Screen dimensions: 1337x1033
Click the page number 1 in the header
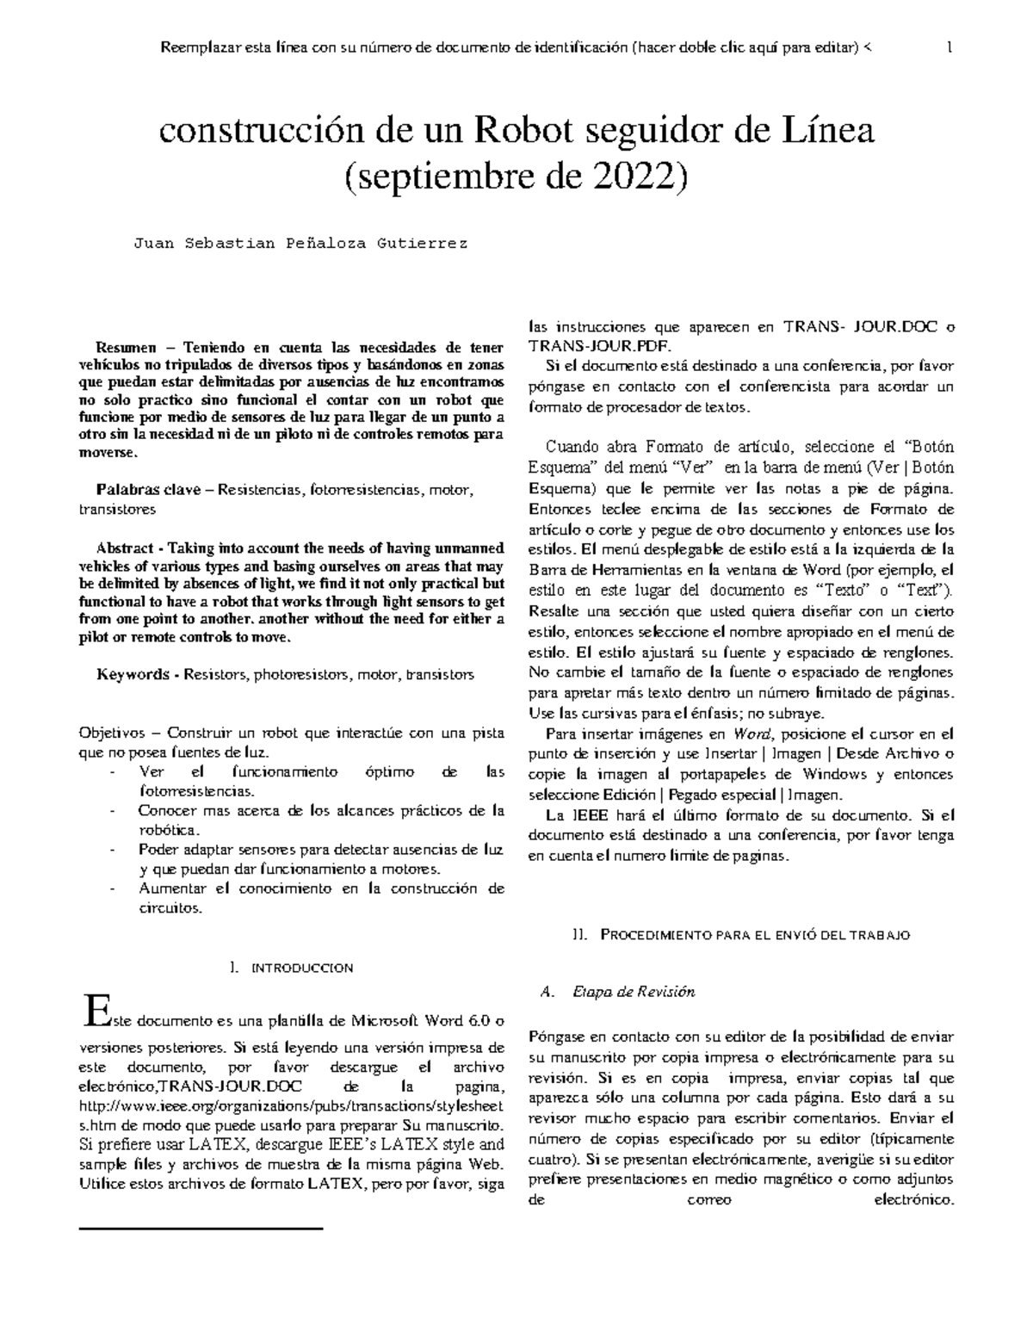click(x=949, y=48)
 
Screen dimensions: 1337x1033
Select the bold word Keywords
click(x=133, y=674)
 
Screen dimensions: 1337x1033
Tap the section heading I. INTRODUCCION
click(x=292, y=968)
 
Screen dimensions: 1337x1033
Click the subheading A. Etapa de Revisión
click(x=615, y=991)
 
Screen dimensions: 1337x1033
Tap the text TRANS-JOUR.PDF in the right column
click(x=573, y=346)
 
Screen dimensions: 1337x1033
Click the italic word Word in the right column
click(x=749, y=734)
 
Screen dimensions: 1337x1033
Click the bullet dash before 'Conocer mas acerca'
click(x=114, y=811)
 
